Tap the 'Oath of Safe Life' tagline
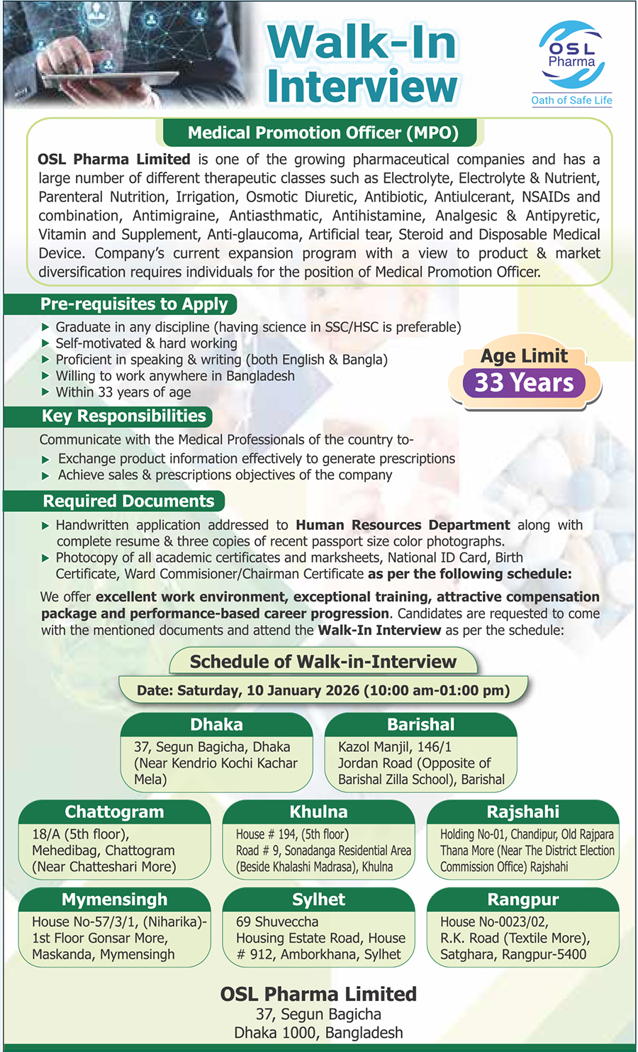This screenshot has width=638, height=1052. (571, 100)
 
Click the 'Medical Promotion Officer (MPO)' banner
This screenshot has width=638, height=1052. (323, 133)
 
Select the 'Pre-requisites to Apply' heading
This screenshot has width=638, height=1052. (134, 304)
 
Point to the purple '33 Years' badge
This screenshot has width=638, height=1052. (524, 382)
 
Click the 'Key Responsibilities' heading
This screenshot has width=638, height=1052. (123, 416)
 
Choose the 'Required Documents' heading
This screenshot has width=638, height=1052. (128, 501)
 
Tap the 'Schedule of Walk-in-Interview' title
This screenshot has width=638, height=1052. (323, 662)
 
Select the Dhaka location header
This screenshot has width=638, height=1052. (216, 724)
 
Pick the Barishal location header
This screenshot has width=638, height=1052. (420, 724)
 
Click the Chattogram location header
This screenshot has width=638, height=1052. (114, 812)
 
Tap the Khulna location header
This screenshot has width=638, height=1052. (318, 812)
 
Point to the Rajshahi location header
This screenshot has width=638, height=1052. (522, 812)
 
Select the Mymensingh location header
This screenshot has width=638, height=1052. (114, 899)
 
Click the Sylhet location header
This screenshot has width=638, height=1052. (318, 899)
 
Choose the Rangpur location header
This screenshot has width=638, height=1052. (522, 899)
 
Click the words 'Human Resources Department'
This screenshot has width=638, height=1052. (403, 525)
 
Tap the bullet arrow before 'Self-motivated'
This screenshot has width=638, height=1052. (45, 343)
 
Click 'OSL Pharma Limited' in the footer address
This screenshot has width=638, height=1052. (318, 994)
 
